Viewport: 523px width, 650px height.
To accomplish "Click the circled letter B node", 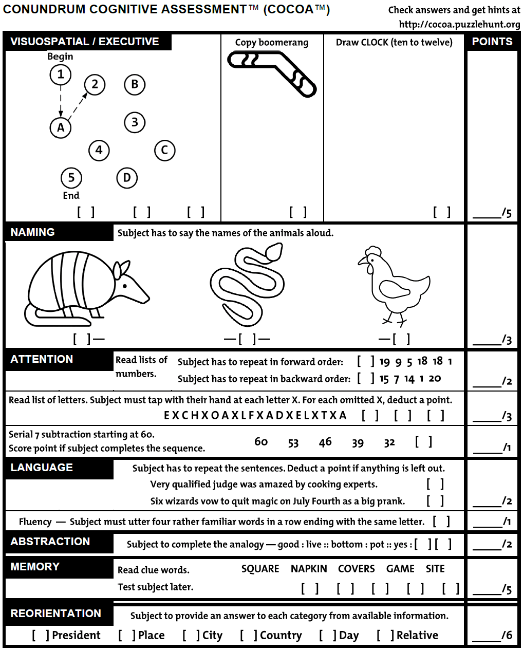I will [x=135, y=85].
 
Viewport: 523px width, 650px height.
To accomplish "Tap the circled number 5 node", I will [x=71, y=178].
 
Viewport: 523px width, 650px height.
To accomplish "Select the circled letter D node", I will [x=127, y=178].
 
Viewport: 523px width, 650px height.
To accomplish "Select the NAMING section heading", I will [x=33, y=232].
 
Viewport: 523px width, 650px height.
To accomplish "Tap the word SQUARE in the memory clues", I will [x=260, y=569].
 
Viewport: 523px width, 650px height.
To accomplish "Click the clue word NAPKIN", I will [x=309, y=569].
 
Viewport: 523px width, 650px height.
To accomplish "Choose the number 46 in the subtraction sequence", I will [x=325, y=442].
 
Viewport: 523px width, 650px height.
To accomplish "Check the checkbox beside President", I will [x=41, y=636].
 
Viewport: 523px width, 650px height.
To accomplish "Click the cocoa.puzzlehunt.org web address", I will [x=459, y=24].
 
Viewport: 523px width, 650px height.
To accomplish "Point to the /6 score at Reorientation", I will [x=507, y=636].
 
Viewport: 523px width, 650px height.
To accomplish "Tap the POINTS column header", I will [x=492, y=42].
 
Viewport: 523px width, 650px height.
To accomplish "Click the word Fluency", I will [x=35, y=522].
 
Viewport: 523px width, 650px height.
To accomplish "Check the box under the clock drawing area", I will [x=442, y=212].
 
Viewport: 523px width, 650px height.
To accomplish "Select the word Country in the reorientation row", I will [x=281, y=636].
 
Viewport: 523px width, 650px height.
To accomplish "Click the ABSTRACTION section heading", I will [x=50, y=542].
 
